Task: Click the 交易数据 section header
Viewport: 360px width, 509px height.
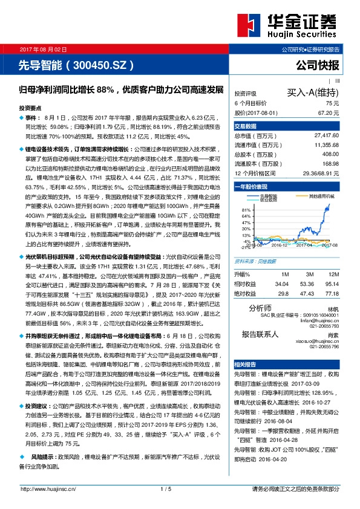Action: tap(246, 126)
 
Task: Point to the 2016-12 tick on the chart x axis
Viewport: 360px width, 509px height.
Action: tap(279, 245)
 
